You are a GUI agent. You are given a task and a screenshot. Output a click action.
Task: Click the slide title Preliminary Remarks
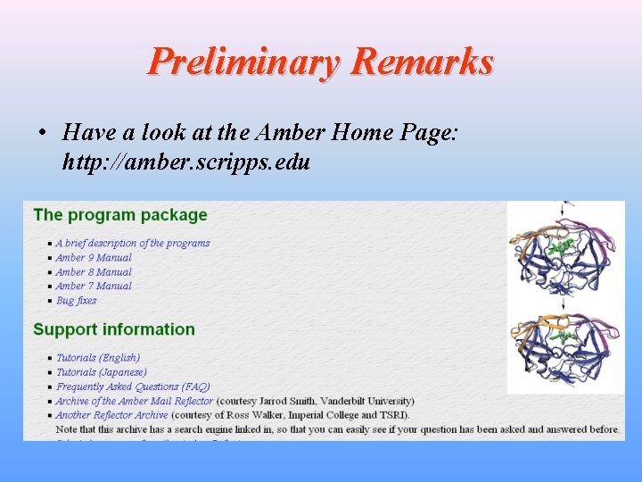pyautogui.click(x=321, y=62)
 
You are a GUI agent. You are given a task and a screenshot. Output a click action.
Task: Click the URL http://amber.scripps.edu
pyautogui.click(x=186, y=162)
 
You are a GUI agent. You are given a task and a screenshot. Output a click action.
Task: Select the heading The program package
pyautogui.click(x=120, y=215)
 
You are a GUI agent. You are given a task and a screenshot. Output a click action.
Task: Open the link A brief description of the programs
pyautogui.click(x=133, y=243)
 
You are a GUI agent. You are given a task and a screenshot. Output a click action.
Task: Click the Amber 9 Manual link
pyautogui.click(x=94, y=257)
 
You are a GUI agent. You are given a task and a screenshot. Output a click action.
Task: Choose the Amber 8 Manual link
pyautogui.click(x=94, y=271)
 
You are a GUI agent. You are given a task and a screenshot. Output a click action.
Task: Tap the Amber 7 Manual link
pyautogui.click(x=94, y=286)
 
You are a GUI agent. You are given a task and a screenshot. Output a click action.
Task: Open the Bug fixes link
pyautogui.click(x=76, y=300)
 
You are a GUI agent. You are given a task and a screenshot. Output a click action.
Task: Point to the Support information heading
pyautogui.click(x=114, y=329)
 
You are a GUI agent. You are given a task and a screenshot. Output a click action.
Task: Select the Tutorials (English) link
pyautogui.click(x=98, y=358)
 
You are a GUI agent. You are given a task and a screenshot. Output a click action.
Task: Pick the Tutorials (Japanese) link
pyautogui.click(x=102, y=372)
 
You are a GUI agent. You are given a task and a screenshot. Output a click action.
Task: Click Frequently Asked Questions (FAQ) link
pyautogui.click(x=133, y=386)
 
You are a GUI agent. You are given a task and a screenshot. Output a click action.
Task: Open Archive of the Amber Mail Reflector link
pyautogui.click(x=135, y=401)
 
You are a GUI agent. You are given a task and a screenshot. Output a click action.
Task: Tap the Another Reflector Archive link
pyautogui.click(x=111, y=415)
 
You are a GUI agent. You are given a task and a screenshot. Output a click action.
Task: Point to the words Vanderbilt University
pyautogui.click(x=366, y=401)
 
